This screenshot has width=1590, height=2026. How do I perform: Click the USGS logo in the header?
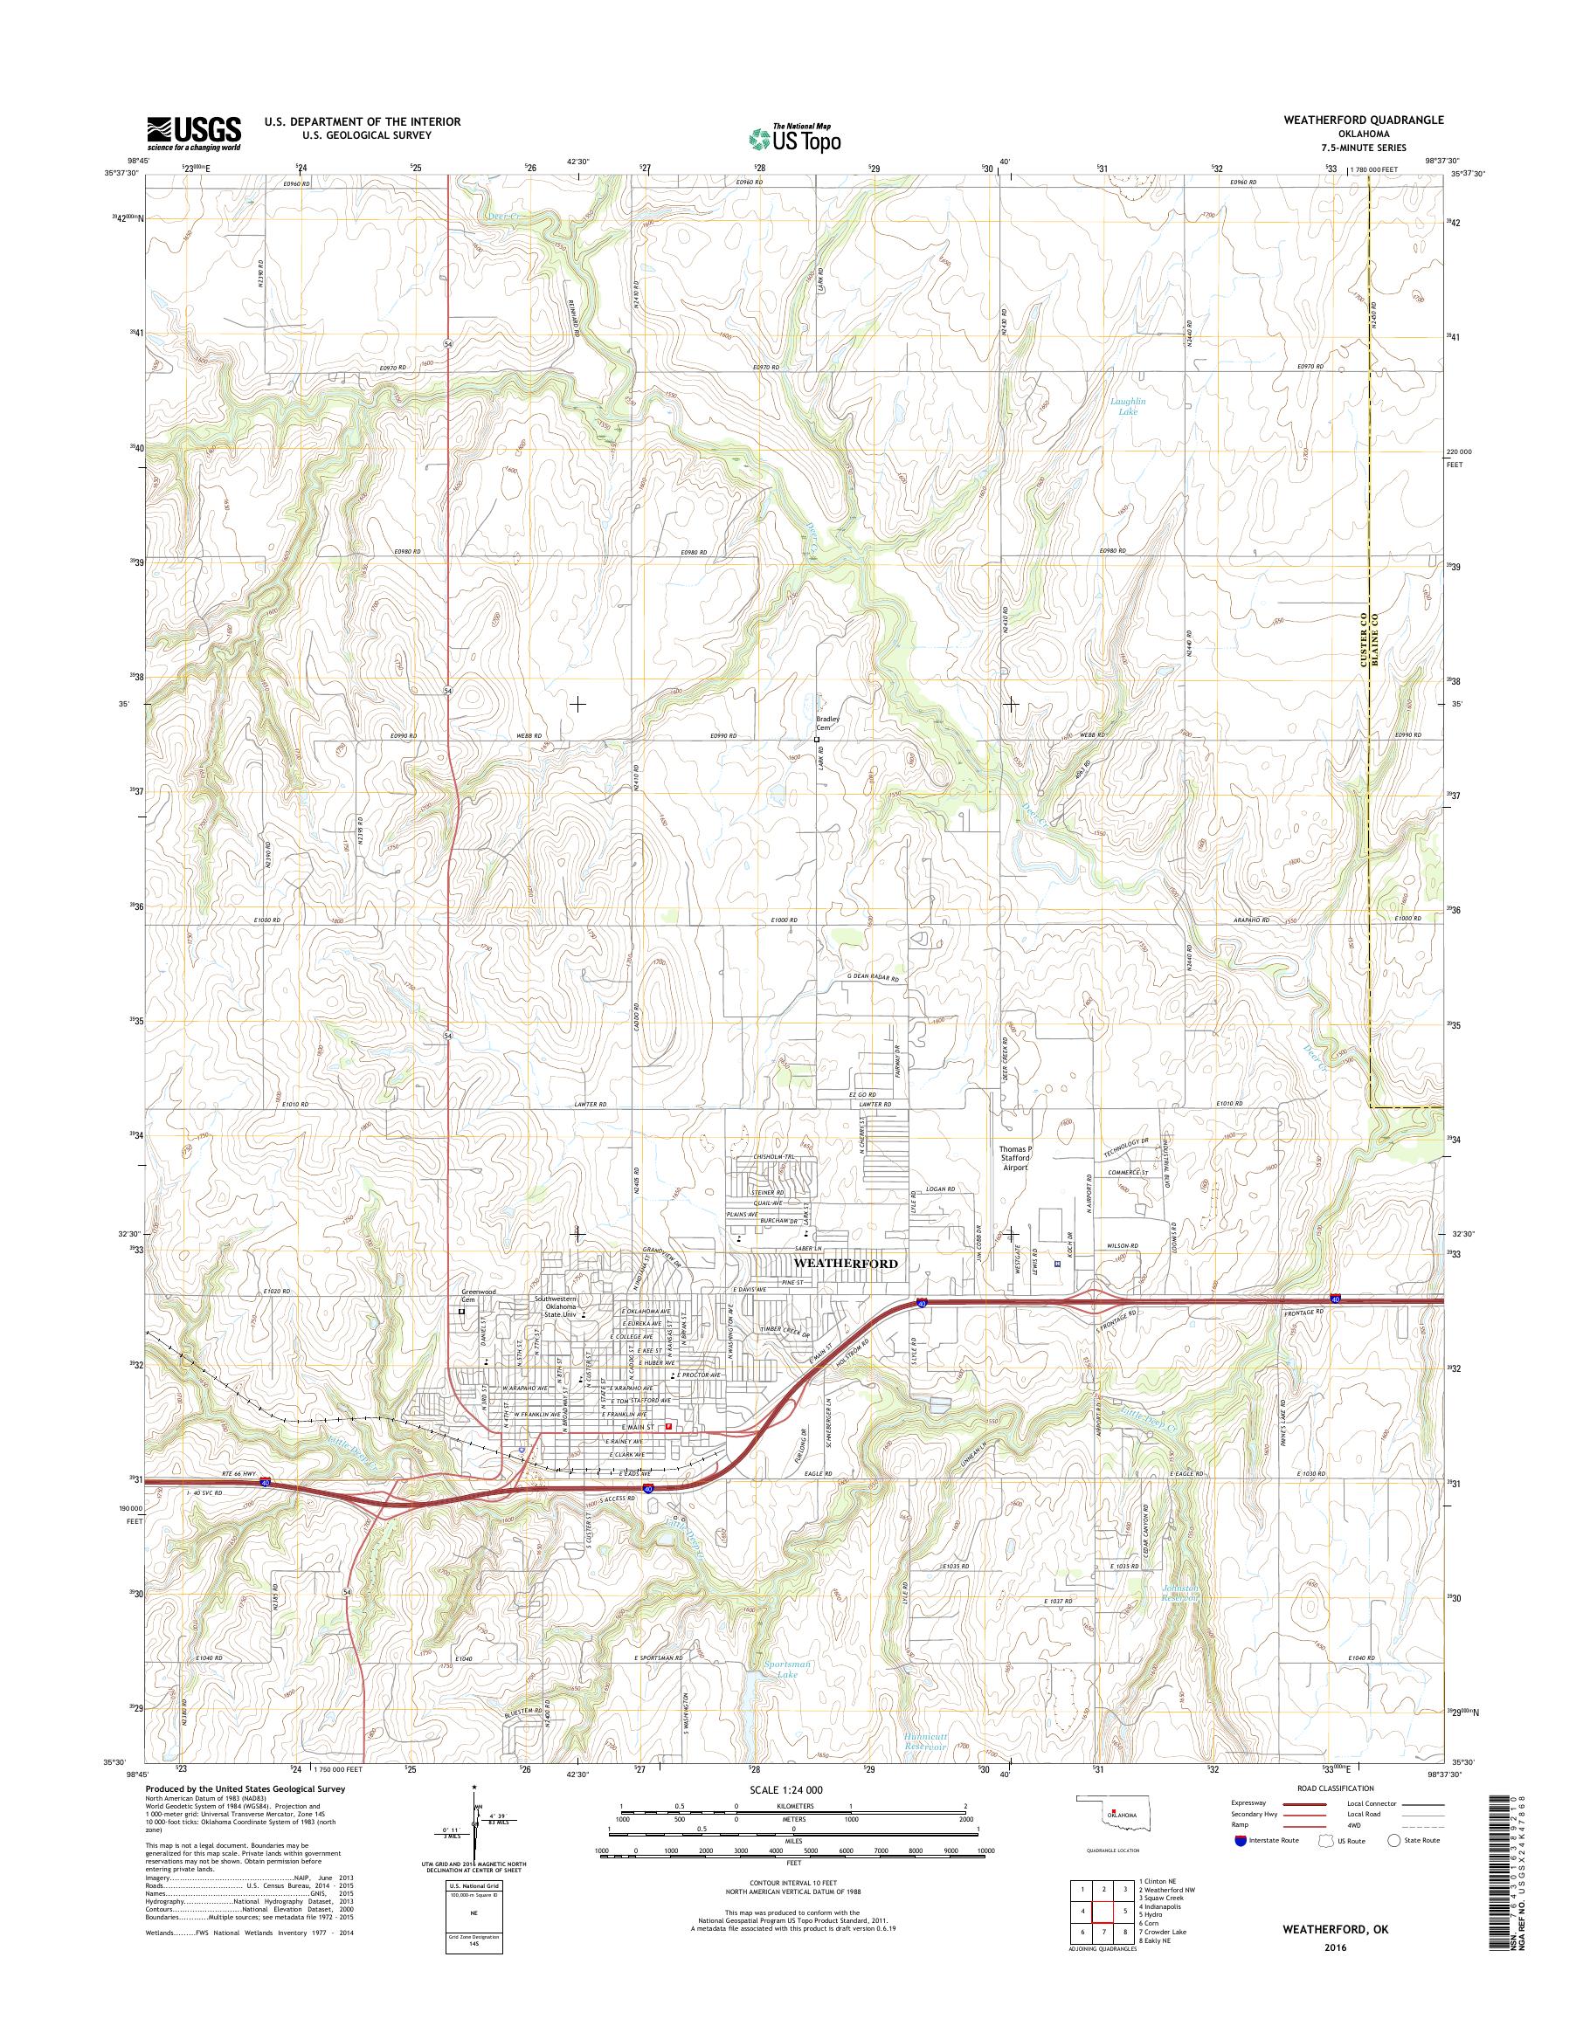194,133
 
